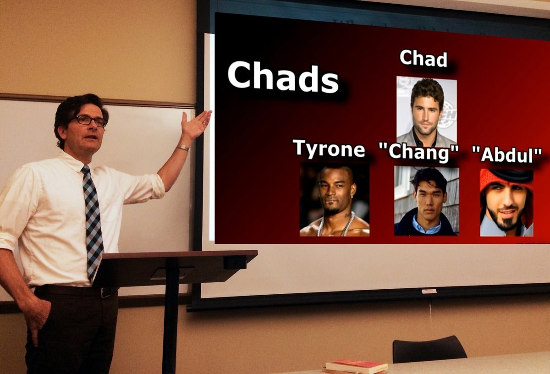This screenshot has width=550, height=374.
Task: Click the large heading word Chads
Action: (283, 77)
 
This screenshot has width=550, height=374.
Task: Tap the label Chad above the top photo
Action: (423, 58)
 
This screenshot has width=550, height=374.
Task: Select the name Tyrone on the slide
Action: (329, 148)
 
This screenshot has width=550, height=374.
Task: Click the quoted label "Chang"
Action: (419, 152)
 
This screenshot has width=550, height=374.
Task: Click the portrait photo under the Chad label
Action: (427, 111)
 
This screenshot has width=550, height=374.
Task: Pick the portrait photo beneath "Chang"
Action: (427, 201)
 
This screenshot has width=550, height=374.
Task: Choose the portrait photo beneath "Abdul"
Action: (507, 203)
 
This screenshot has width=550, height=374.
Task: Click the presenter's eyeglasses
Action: (90, 121)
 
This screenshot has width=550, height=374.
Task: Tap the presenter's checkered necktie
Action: (93, 221)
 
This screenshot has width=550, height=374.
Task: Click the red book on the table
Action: (357, 366)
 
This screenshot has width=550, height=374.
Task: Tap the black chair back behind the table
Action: (430, 349)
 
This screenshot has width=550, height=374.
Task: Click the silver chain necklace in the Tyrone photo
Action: (336, 224)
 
